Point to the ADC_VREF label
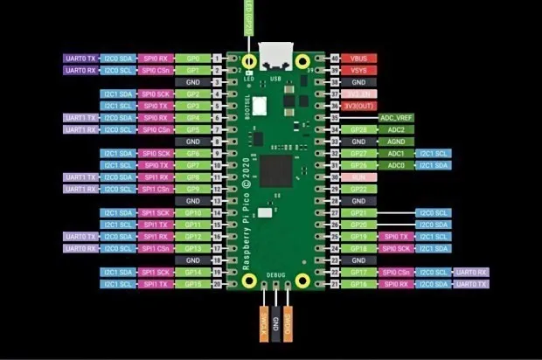[395, 117]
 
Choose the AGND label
[395, 141]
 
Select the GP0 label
[192, 58]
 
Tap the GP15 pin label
[192, 284]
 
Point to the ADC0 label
[395, 165]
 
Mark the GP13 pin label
[192, 248]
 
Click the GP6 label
[192, 153]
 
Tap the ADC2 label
[395, 129]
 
